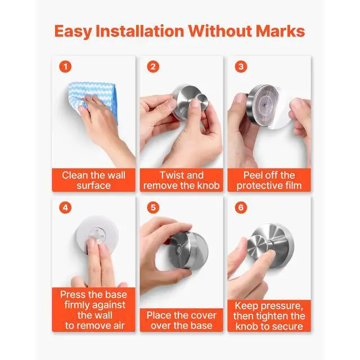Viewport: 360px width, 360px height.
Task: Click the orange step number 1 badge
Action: click(65, 66)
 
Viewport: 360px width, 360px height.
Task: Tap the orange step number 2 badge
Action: click(153, 66)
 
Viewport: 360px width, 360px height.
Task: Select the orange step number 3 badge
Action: click(241, 66)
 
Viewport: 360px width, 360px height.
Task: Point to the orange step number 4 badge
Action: click(65, 208)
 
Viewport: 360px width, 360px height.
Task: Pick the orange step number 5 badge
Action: click(153, 208)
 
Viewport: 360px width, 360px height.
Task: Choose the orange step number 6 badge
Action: click(241, 208)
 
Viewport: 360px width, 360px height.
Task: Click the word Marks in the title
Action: click(280, 31)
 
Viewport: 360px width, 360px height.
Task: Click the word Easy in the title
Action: click(73, 31)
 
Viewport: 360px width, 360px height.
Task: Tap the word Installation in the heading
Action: click(140, 31)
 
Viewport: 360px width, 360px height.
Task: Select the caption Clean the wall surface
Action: click(94, 180)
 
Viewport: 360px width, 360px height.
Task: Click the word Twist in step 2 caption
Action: click(170, 175)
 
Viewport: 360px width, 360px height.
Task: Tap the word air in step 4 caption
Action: click(119, 326)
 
